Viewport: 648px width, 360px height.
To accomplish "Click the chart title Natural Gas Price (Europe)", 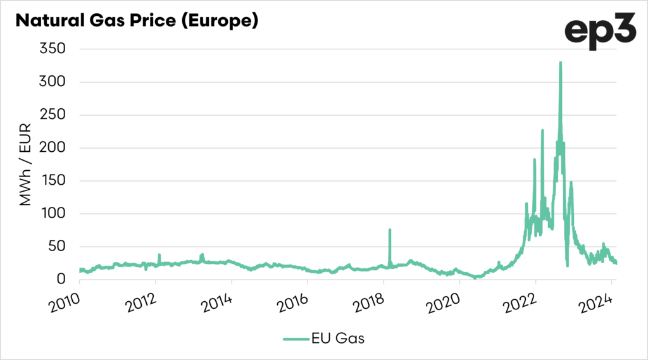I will pos(136,20).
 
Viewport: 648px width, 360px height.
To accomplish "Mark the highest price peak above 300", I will pos(560,63).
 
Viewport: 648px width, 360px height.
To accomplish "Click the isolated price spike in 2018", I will pos(390,230).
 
